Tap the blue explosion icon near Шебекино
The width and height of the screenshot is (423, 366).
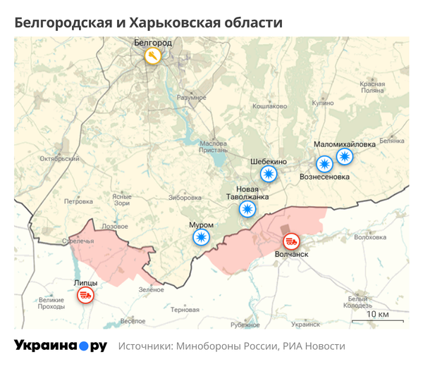click(x=269, y=173)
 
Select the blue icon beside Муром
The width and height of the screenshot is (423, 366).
click(x=202, y=237)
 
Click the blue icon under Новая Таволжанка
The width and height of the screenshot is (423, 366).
click(x=247, y=209)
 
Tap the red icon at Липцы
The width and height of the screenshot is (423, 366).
click(x=86, y=295)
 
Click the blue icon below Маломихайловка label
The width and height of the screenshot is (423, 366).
click(x=345, y=156)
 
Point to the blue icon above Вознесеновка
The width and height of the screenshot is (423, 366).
click(x=324, y=164)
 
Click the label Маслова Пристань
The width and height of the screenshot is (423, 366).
click(x=214, y=146)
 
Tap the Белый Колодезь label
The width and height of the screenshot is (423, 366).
click(x=359, y=302)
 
